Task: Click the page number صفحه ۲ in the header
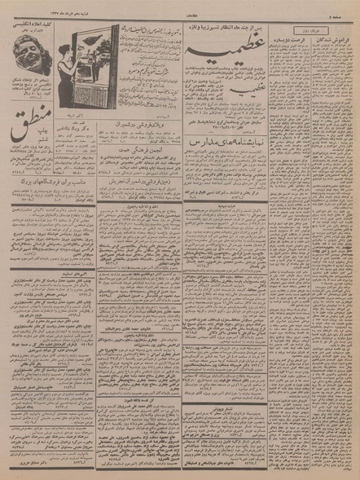341,8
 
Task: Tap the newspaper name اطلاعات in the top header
181,8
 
